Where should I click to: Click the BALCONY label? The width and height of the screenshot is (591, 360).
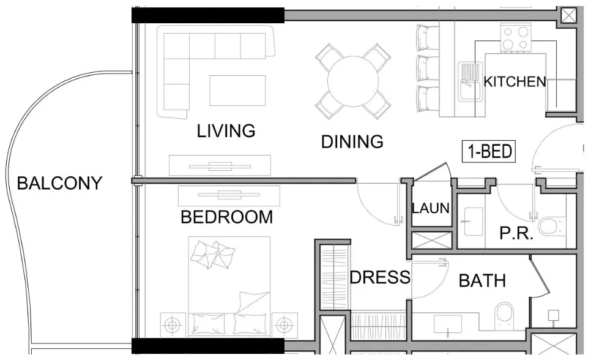coord(59,184)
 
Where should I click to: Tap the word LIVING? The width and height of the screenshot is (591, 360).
coord(226,131)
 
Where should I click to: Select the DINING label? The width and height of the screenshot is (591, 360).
coord(352,142)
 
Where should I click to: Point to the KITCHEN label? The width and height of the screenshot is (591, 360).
coord(515,81)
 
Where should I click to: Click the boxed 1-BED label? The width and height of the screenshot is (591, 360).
coord(489,152)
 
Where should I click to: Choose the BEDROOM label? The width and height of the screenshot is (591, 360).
coord(227,217)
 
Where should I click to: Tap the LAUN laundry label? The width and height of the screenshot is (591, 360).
coord(431,208)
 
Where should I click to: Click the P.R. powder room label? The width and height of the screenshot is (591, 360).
coord(516,234)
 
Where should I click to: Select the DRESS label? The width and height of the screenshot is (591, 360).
coord(380,278)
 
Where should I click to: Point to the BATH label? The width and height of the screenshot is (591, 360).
coord(483,281)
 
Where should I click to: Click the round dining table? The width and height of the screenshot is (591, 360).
coord(353,81)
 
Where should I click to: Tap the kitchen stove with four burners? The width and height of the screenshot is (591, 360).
coord(515,37)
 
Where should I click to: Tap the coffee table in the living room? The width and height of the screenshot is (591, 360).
coord(237,91)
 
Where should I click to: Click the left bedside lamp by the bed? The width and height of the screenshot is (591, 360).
coord(173,324)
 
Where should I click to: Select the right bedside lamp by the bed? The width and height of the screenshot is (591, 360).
coord(284,324)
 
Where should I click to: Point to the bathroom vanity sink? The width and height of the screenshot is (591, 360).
coord(448,324)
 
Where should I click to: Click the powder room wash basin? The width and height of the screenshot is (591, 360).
coord(474,222)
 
